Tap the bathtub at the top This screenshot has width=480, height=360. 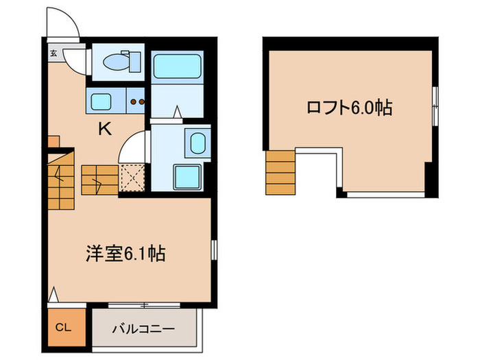pyautogui.click(x=176, y=67)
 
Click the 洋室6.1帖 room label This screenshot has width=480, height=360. pyautogui.click(x=125, y=254)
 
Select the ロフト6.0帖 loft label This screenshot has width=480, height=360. pyautogui.click(x=349, y=108)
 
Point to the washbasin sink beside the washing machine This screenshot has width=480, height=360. pyautogui.click(x=197, y=145)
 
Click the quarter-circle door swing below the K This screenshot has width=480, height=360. pyautogui.click(x=134, y=149)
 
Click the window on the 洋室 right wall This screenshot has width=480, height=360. pyautogui.click(x=213, y=250)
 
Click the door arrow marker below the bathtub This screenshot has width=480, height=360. pyautogui.click(x=177, y=111)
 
